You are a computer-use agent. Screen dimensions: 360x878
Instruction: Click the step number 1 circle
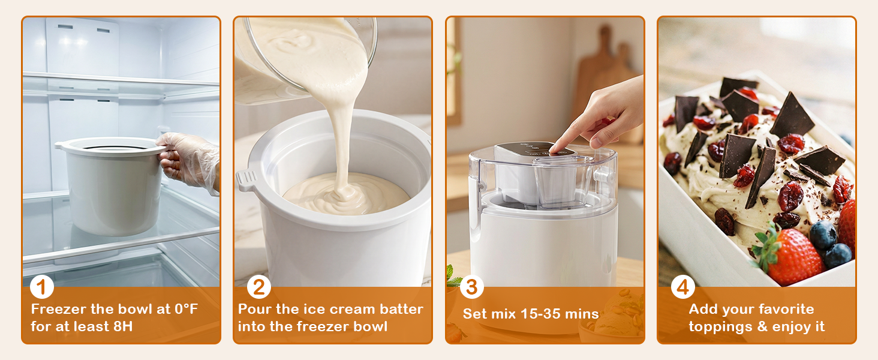(41, 287)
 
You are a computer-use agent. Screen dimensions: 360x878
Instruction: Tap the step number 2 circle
(258, 287)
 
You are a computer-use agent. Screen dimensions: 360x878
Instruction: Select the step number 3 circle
(471, 287)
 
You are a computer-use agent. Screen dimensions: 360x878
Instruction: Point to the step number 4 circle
(682, 287)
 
